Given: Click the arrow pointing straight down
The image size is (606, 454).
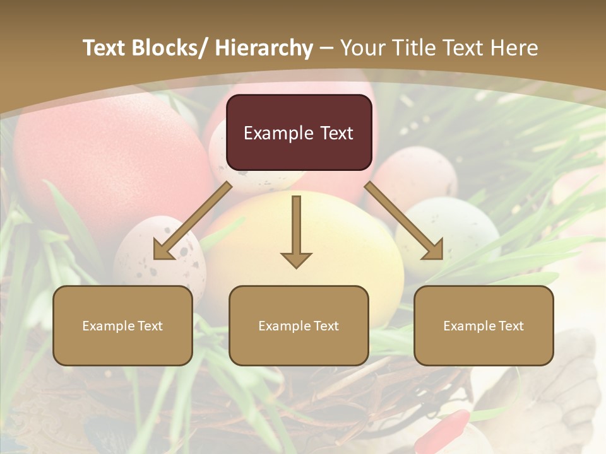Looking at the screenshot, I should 296,227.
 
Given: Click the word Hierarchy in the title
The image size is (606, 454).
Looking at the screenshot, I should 264,48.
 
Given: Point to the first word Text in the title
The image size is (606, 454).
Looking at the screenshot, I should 103,48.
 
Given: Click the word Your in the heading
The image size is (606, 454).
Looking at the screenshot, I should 362,48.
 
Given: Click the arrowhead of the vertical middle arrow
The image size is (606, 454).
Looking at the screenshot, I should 296,259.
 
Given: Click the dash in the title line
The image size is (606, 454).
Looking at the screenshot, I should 326,48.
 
